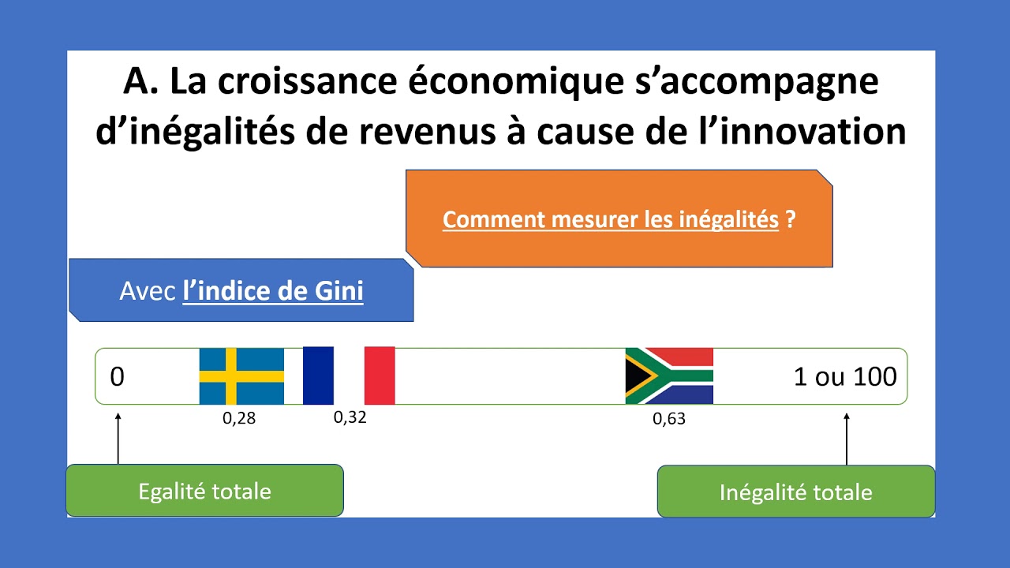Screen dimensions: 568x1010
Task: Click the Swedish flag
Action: point(241,376)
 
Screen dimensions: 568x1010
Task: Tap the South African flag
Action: point(669,376)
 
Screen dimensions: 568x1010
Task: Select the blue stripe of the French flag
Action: point(318,376)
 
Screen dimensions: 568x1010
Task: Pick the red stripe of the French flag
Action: point(380,376)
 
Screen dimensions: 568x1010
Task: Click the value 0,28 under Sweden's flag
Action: point(239,419)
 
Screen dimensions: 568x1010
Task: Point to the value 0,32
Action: point(350,417)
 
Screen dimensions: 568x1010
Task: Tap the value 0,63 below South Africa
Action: point(669,420)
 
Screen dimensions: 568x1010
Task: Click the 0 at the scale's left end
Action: point(117,377)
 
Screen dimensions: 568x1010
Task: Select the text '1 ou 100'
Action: point(845,377)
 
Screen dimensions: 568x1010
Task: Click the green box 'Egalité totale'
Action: point(204,491)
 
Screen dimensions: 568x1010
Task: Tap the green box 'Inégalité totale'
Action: point(795,492)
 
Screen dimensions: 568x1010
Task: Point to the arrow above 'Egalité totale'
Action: point(118,438)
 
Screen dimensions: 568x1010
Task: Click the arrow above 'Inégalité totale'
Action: point(847,439)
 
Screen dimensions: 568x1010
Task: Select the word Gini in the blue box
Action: point(339,291)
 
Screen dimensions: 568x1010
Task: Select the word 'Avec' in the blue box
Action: point(148,291)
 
